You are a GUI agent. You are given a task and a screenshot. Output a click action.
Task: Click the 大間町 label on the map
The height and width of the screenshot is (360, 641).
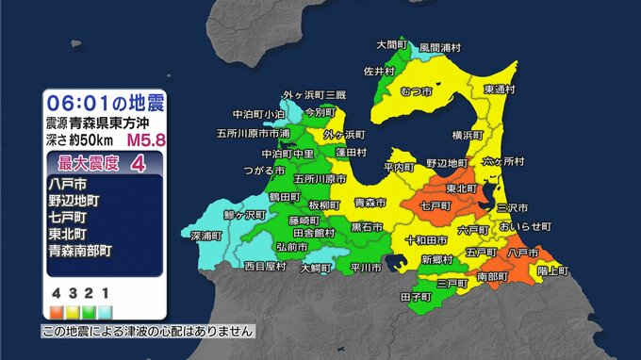(x=390, y=45)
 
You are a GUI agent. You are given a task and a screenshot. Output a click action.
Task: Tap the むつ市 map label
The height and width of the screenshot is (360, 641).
(x=416, y=91)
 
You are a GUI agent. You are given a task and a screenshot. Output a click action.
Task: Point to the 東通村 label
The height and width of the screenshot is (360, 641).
(x=500, y=89)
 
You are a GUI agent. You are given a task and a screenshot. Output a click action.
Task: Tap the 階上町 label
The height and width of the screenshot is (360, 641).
(x=552, y=270)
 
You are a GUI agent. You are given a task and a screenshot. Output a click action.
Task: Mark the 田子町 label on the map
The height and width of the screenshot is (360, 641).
(x=416, y=296)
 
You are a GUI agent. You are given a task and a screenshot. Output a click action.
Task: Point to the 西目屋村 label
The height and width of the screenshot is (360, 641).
(x=265, y=267)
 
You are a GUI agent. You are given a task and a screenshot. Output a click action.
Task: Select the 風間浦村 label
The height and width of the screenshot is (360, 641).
(x=440, y=46)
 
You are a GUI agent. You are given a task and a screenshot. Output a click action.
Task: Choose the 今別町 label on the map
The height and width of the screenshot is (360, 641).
(x=320, y=110)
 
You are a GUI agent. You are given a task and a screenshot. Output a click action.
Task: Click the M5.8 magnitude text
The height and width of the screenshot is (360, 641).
(x=144, y=140)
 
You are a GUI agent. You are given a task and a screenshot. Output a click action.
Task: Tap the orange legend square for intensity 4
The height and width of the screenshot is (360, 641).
(x=57, y=308)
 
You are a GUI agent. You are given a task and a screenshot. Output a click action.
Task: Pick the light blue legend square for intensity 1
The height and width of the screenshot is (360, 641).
(x=105, y=308)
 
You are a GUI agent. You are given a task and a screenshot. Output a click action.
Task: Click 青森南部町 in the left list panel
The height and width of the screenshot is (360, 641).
(x=79, y=252)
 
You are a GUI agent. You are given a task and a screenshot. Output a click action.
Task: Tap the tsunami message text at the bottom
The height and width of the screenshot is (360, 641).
(x=148, y=332)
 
